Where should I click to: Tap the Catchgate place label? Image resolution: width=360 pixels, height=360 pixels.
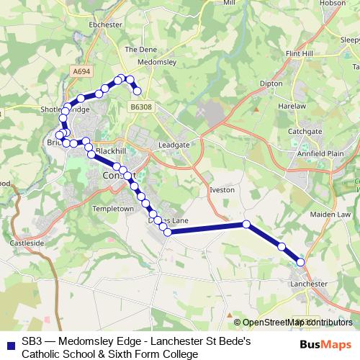click(x=305, y=132)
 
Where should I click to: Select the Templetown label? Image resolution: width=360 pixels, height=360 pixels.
click(x=114, y=208)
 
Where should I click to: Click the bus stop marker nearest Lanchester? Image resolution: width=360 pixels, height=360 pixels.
click(x=300, y=262)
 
